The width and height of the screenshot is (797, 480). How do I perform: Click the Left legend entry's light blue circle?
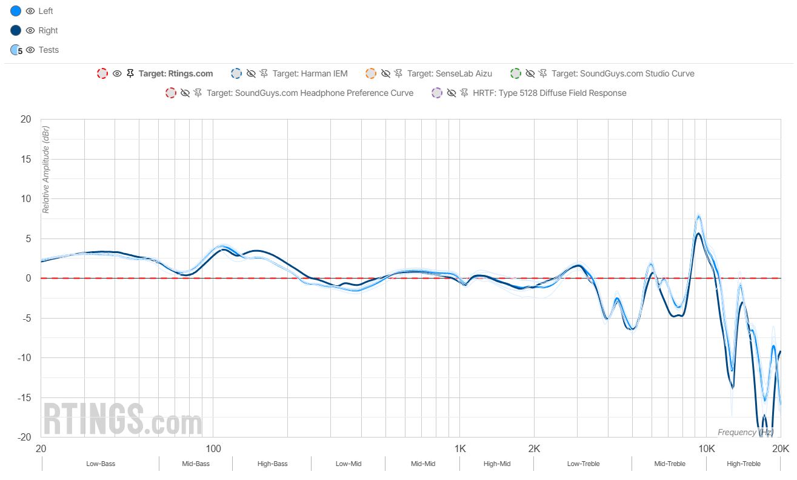pos(16,11)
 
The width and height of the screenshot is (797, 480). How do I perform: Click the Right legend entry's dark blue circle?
pos(16,30)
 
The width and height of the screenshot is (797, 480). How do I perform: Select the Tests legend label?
pos(48,50)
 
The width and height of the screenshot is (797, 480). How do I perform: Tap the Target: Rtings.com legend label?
pos(176,73)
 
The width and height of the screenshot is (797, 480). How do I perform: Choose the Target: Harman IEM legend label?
pos(310,73)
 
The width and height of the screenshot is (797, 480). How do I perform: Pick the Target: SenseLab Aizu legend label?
pos(449,73)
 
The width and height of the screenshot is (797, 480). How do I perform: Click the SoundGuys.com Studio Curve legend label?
pos(622,73)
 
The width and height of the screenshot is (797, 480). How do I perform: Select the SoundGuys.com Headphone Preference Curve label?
pos(310,93)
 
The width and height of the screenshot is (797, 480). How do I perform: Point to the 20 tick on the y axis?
pos(25,120)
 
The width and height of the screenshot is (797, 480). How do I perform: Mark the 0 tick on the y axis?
pos(28,279)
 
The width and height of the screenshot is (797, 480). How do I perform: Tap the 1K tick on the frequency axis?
pos(460,449)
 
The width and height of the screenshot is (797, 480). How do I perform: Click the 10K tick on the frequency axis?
pos(706,449)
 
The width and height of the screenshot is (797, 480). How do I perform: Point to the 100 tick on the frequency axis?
pos(213,449)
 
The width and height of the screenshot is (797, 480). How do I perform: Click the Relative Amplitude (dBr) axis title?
pos(45,170)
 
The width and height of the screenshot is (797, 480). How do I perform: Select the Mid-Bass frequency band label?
pos(196,464)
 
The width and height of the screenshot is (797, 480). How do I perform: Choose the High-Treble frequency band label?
pos(743,464)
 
